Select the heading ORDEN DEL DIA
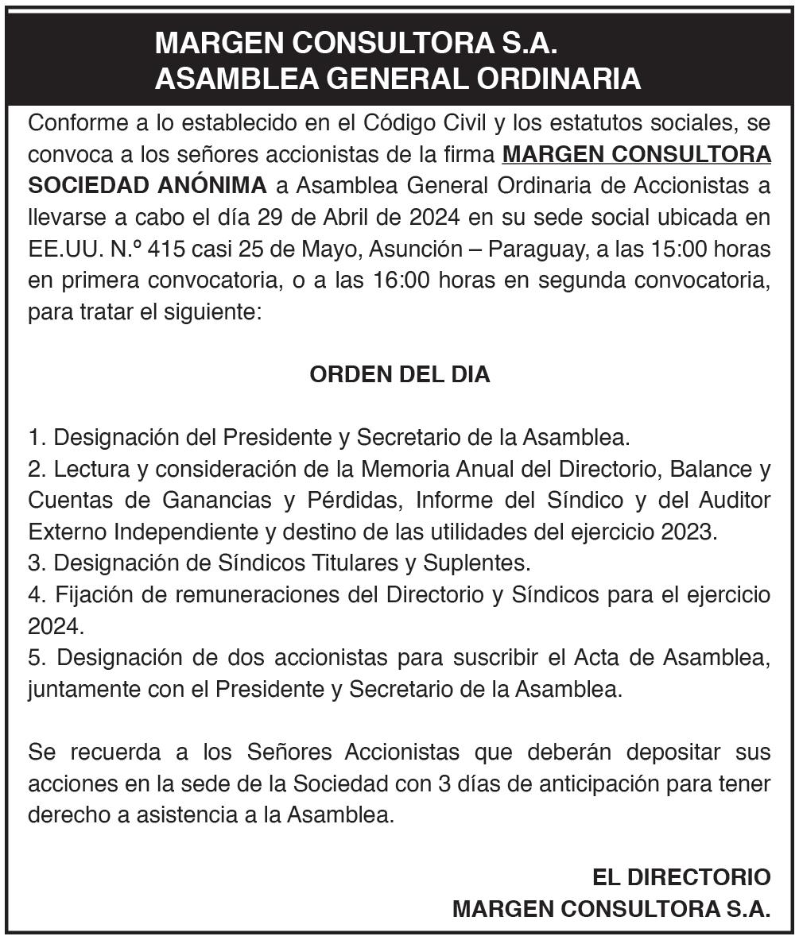point(399,375)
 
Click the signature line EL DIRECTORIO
point(681,877)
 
